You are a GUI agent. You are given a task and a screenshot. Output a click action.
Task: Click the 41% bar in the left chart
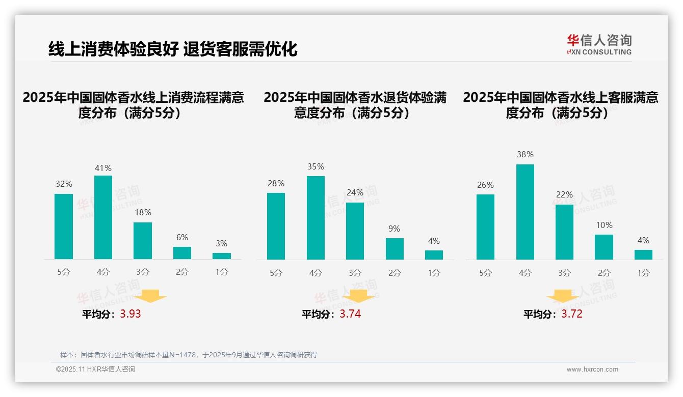[x=103, y=217]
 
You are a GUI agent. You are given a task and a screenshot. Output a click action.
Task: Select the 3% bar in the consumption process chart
[x=222, y=256]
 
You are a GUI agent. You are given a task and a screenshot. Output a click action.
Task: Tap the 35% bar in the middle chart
[x=316, y=218]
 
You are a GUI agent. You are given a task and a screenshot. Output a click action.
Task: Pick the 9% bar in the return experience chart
[x=395, y=249]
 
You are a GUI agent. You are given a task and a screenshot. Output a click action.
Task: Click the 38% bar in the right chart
[x=525, y=212]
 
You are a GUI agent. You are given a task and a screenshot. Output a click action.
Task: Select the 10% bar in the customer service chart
[x=604, y=247]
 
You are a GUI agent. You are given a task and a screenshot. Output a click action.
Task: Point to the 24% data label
[x=355, y=193]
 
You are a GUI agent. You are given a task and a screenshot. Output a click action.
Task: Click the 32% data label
[x=64, y=184]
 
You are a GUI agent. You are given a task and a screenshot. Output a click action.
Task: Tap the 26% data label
[x=485, y=185]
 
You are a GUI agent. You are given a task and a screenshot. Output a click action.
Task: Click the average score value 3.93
[x=130, y=314]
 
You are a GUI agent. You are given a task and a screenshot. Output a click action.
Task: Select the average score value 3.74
[x=350, y=314]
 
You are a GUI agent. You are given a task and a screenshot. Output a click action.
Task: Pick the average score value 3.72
[x=572, y=314]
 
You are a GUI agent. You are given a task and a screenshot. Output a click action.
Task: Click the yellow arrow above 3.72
[x=563, y=297]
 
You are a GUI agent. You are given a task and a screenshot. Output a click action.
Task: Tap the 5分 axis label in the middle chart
[x=276, y=273]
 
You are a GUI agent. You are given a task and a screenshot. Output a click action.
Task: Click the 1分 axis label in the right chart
[x=643, y=273]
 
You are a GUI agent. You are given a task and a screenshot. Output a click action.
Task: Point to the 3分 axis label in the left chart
[x=143, y=272]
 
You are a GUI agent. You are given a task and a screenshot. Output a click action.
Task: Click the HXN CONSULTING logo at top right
[x=599, y=45]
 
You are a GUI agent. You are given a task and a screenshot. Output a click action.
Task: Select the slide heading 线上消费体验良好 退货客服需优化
[x=173, y=49]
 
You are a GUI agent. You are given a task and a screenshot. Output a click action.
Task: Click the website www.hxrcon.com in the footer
[x=592, y=370]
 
